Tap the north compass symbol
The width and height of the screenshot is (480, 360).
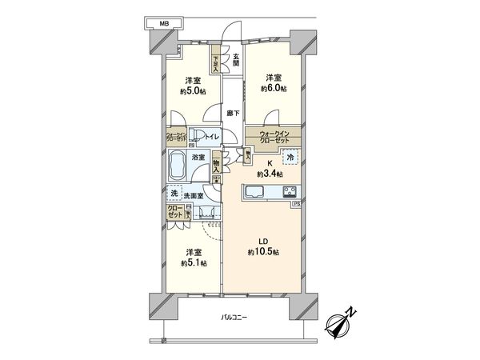[343, 323]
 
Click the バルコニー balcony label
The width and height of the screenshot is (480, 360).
[234, 318]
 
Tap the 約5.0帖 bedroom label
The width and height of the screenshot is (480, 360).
[193, 85]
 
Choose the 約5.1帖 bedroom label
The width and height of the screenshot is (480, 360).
[193, 257]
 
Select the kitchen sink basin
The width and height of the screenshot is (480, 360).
[254, 192]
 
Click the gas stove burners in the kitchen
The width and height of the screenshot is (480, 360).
[288, 191]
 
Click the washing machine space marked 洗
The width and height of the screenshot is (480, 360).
[174, 193]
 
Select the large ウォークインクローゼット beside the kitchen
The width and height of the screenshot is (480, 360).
[273, 136]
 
